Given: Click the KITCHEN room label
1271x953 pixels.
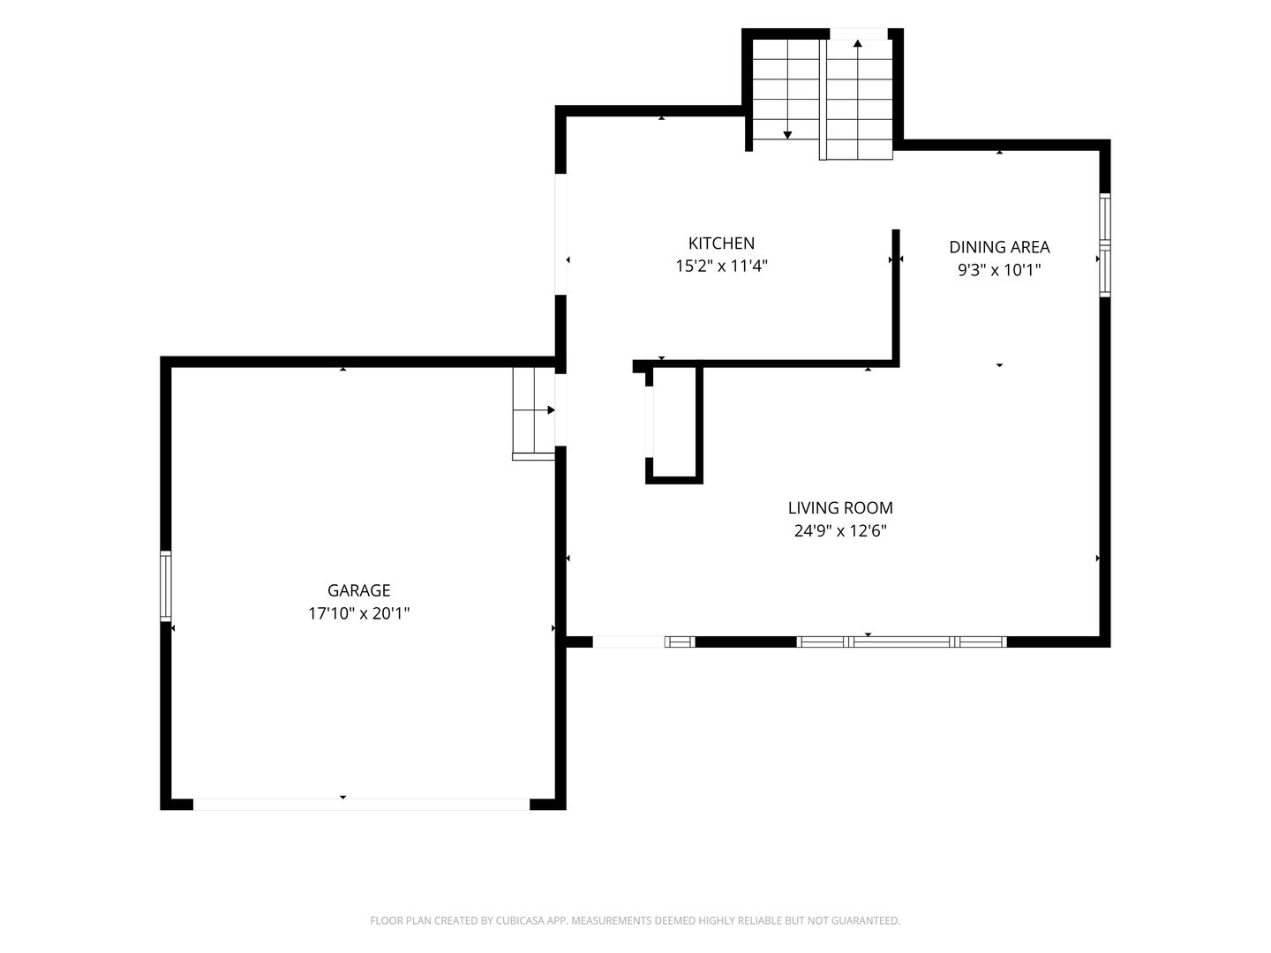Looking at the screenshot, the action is (721, 243).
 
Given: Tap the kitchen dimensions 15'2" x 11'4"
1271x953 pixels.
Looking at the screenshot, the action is (721, 266).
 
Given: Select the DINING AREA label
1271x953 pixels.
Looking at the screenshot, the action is (999, 247).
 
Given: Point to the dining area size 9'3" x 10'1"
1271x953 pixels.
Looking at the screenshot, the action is (999, 270).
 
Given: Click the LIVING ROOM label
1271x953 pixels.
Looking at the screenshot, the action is (840, 508).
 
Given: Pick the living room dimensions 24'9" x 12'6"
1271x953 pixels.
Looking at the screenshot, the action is (840, 531).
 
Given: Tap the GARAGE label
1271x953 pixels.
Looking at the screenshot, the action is (358, 590).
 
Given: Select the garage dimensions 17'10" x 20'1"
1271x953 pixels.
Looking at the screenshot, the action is (358, 613).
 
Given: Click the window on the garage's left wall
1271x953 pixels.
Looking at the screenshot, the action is (166, 586).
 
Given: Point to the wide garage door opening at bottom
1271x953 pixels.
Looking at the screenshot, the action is (361, 804).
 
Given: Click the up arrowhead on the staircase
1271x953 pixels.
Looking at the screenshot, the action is (858, 43).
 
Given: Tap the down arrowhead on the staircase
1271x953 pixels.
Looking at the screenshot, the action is (787, 135).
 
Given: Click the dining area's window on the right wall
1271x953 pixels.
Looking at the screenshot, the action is (1105, 244).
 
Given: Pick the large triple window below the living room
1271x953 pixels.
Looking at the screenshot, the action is (901, 642).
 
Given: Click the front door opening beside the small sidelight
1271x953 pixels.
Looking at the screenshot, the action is (628, 642).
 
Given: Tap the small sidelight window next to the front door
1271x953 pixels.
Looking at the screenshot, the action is (680, 642).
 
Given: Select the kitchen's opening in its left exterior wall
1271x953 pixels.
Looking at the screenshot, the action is (560, 235).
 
